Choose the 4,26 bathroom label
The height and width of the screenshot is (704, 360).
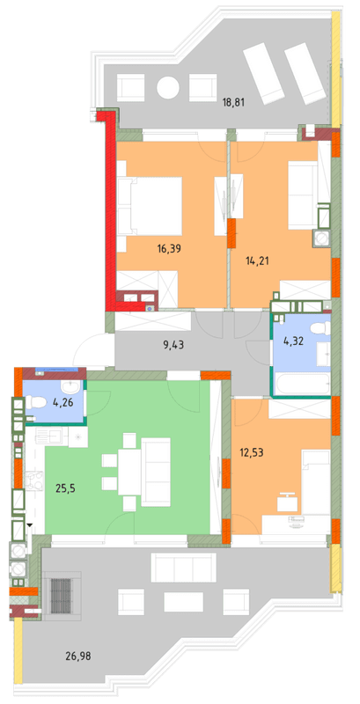[62, 405]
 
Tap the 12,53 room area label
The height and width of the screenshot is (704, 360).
[252, 453]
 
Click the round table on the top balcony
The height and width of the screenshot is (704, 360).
[167, 87]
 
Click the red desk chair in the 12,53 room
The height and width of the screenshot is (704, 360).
[286, 502]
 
